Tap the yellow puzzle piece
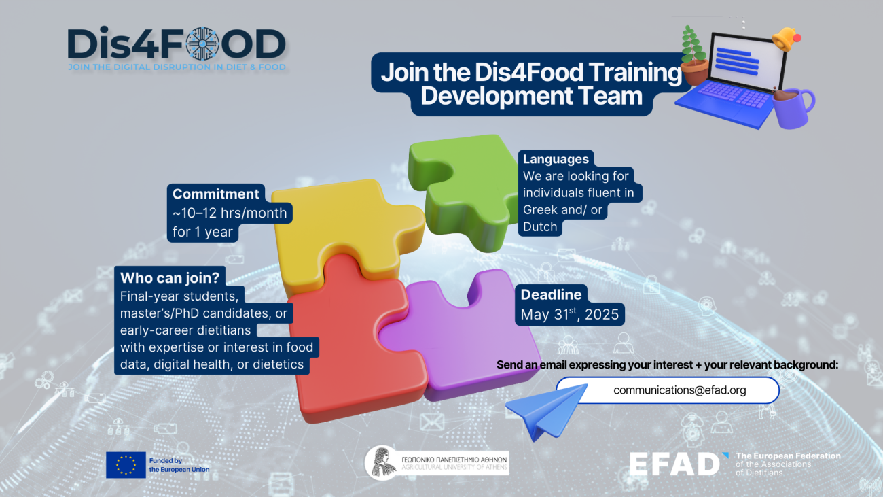(339, 225)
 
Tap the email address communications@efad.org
(680, 390)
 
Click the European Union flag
(126, 464)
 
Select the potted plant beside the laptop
(693, 55)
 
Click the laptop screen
(747, 61)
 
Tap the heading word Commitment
(215, 194)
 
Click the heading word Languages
(556, 159)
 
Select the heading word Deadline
(551, 294)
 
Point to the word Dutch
(540, 227)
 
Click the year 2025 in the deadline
(602, 315)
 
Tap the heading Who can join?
(170, 278)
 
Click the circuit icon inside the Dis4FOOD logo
(202, 44)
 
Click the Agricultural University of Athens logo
(437, 463)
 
